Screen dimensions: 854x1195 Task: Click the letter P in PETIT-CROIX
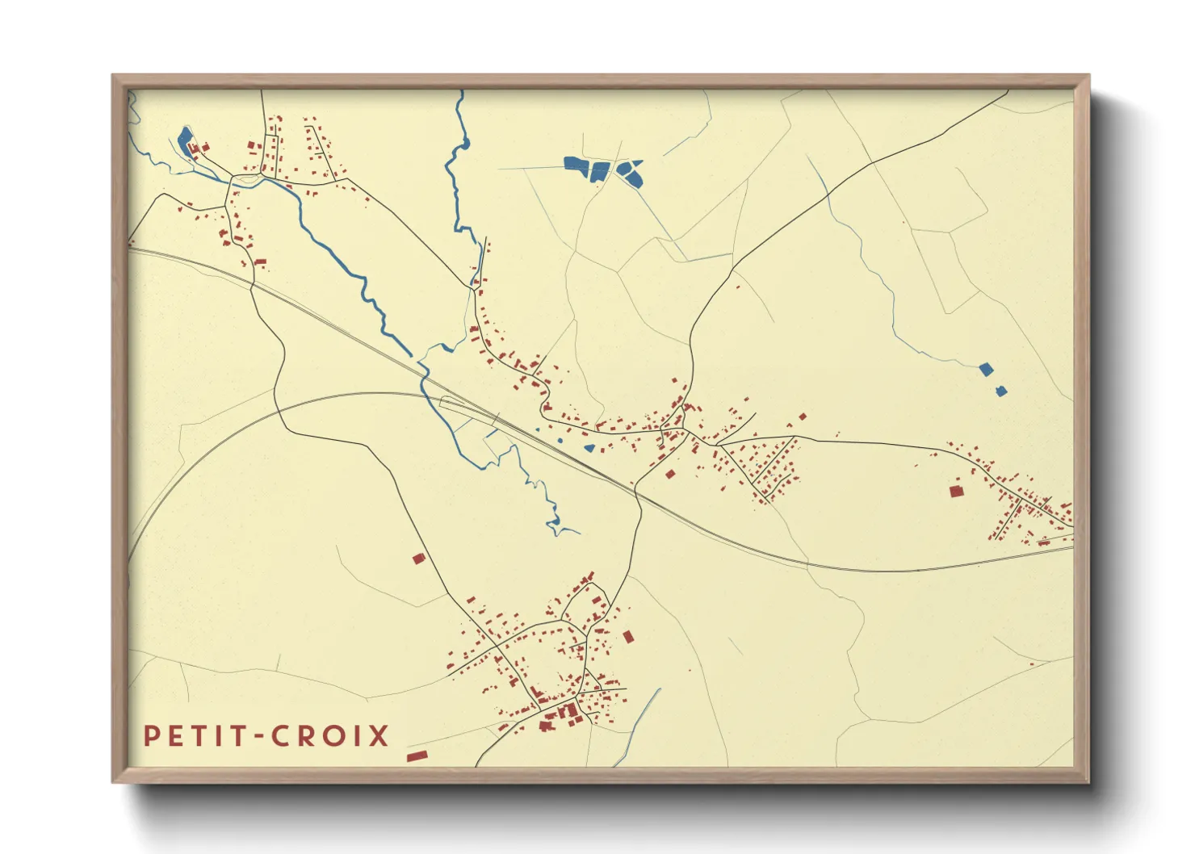coord(151,736)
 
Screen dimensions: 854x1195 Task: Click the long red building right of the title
coord(417,756)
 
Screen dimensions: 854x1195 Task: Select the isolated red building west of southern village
coord(418,558)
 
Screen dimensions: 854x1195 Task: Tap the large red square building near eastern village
coord(957,491)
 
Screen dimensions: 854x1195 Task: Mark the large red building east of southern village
coord(628,637)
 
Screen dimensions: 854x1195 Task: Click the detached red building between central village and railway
coord(669,474)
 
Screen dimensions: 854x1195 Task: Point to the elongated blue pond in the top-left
coord(185,141)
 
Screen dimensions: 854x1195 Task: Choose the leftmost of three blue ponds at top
coord(576,165)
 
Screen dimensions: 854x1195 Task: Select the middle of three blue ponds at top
coord(600,171)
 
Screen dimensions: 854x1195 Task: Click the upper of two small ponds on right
coord(985,369)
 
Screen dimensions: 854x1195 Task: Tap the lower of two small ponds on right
coord(1001,391)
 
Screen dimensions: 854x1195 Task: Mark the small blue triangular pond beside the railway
coord(589,448)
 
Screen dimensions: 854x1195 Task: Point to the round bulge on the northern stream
coord(465,144)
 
